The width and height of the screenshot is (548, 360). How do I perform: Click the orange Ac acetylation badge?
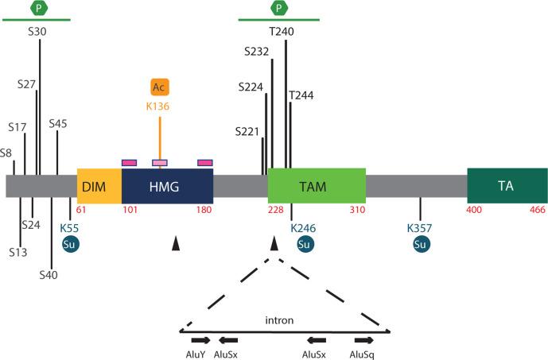pyautogui.click(x=160, y=87)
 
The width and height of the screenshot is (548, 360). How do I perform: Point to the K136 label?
pyautogui.click(x=160, y=105)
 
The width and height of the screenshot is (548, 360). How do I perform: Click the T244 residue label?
pyautogui.click(x=302, y=95)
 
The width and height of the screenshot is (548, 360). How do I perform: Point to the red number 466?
pyautogui.click(x=535, y=211)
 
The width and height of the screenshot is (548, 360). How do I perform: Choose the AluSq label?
pyautogui.click(x=363, y=354)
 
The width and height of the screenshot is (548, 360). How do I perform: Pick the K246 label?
pyautogui.click(x=303, y=228)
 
